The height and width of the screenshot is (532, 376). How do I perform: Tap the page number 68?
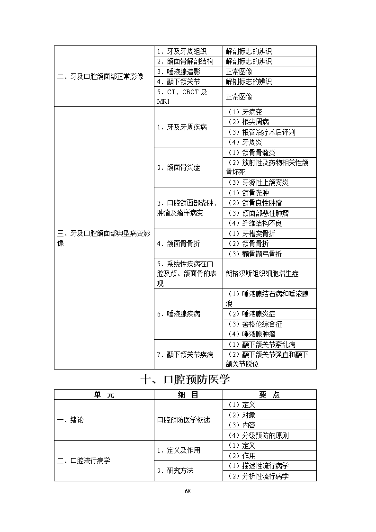coord(188,491)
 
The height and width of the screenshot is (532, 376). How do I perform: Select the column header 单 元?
coord(104,395)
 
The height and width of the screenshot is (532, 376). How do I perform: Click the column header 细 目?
coord(188,395)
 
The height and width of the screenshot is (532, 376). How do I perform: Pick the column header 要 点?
coord(269,395)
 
